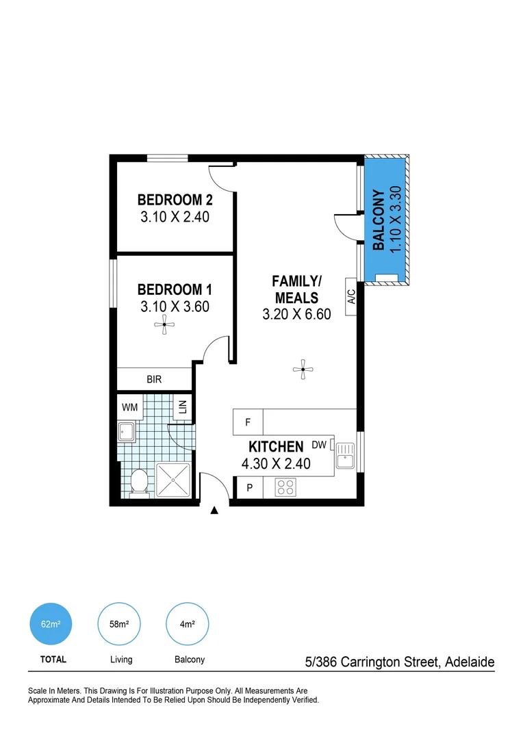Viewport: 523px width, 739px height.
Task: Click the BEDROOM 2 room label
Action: [175, 200]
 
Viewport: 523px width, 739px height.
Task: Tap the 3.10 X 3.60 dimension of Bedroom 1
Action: [175, 307]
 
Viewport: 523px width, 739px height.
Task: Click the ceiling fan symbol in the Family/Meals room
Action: [303, 370]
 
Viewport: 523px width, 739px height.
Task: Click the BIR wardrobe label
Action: [154, 378]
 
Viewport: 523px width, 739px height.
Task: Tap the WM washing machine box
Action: [130, 407]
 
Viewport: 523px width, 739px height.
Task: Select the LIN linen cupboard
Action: [183, 408]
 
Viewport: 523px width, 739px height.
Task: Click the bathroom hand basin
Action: [126, 432]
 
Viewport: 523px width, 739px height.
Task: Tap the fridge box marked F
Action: [248, 422]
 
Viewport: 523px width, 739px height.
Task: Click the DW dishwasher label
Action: [318, 445]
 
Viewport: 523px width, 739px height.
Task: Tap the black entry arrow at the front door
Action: [214, 510]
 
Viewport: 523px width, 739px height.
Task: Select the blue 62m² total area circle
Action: [51, 624]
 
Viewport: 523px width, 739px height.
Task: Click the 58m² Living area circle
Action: [120, 624]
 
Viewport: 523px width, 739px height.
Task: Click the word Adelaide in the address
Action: [470, 662]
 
